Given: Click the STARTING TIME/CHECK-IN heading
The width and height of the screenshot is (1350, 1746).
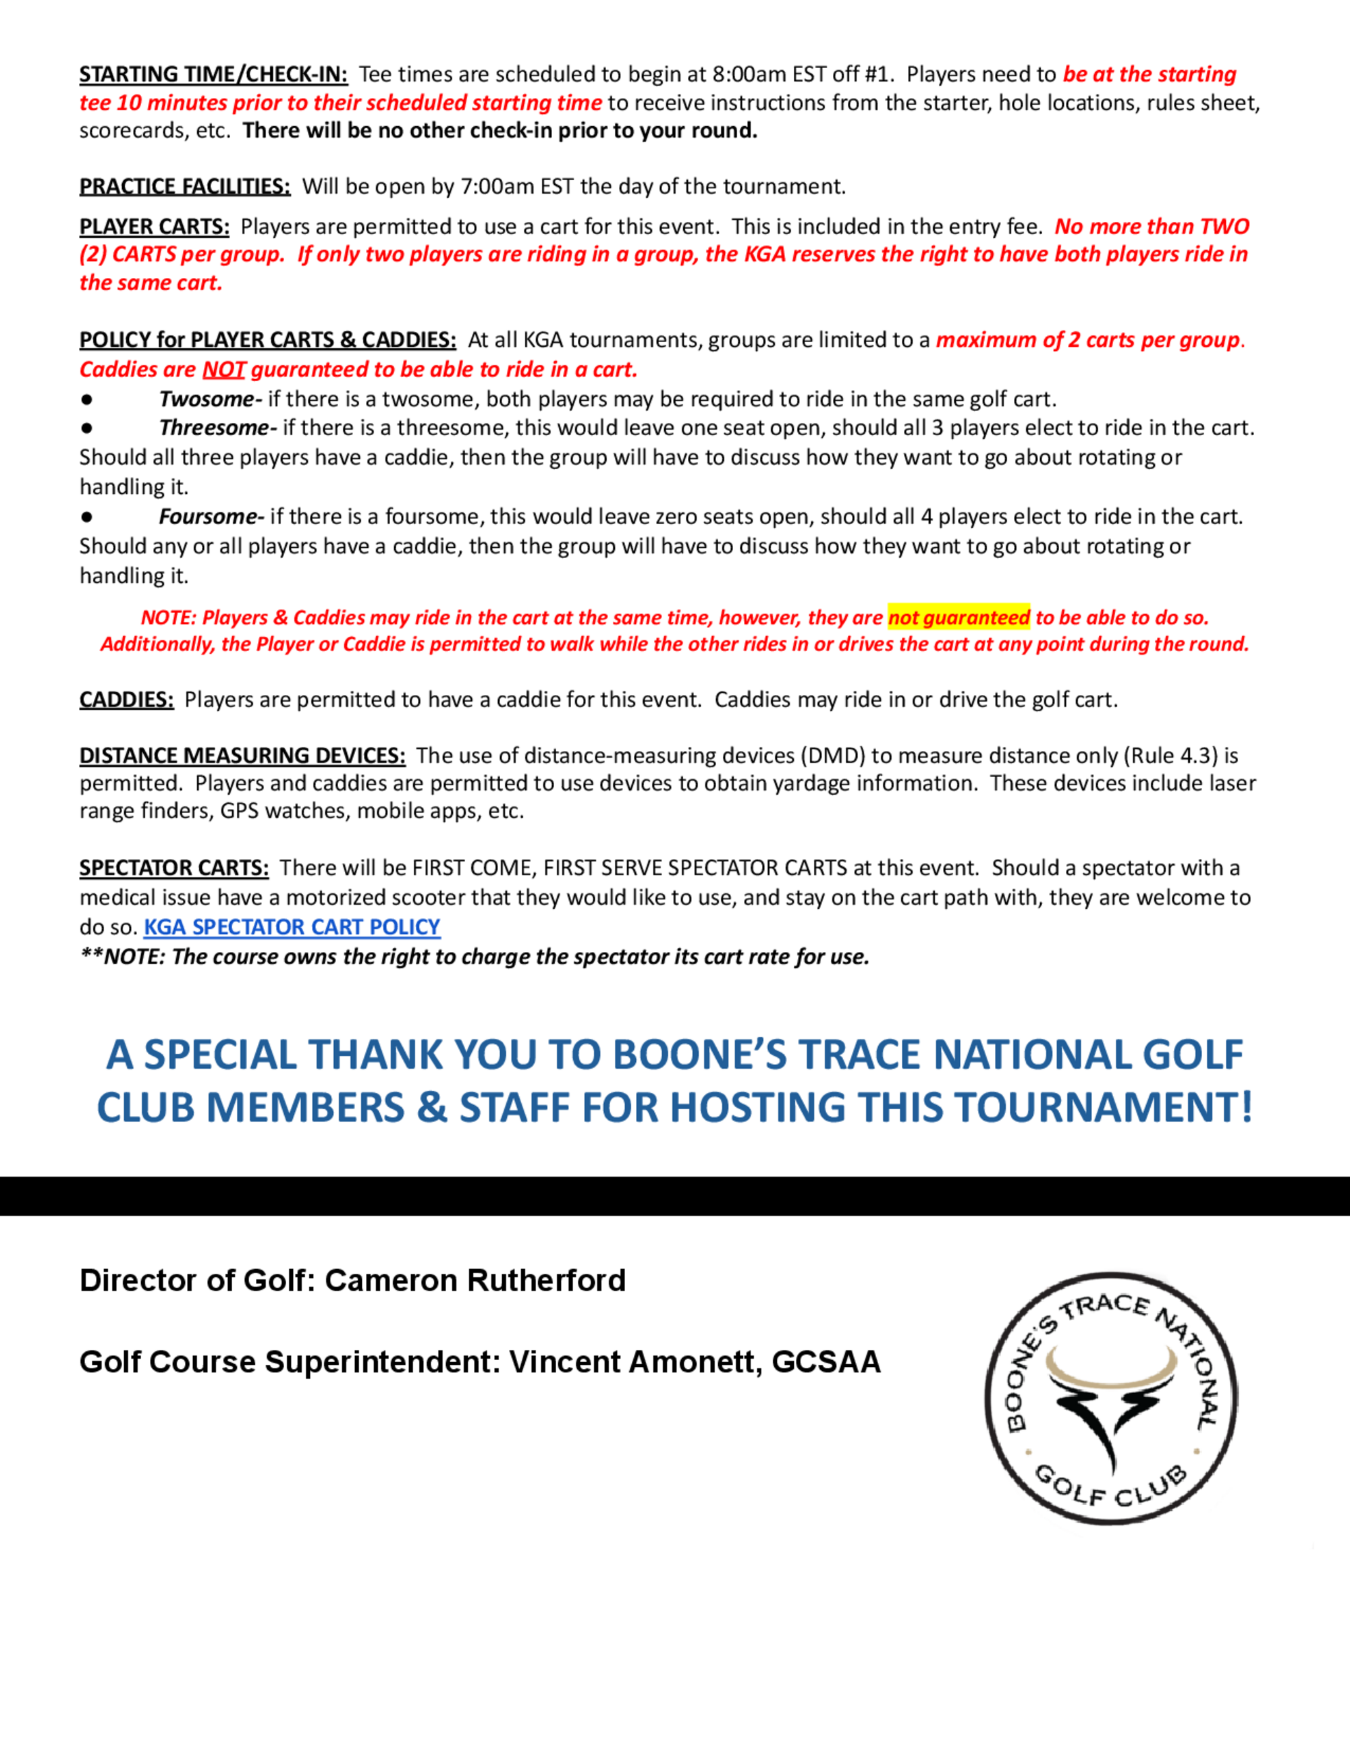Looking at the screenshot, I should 213,74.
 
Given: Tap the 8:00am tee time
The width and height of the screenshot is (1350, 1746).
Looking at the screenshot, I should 749,74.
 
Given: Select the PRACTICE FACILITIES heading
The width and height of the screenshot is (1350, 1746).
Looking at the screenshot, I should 185,186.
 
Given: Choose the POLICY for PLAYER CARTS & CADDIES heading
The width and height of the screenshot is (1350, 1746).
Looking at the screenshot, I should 268,340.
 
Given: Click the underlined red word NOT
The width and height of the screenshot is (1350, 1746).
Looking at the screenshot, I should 223,369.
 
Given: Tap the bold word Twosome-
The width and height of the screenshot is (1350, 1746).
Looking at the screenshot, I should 211,399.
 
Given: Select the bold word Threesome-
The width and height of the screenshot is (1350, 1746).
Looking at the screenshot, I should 217,428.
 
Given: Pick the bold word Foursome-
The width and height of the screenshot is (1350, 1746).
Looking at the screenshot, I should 211,516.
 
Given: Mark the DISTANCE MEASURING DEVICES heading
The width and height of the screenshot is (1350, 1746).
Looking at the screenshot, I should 242,756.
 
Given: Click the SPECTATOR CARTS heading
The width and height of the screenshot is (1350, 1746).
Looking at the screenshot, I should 173,868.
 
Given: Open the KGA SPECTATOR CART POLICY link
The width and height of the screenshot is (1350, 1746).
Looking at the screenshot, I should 292,926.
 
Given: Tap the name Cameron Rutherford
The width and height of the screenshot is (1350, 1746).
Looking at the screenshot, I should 475,1280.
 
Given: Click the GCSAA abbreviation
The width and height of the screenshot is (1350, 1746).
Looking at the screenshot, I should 826,1361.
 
